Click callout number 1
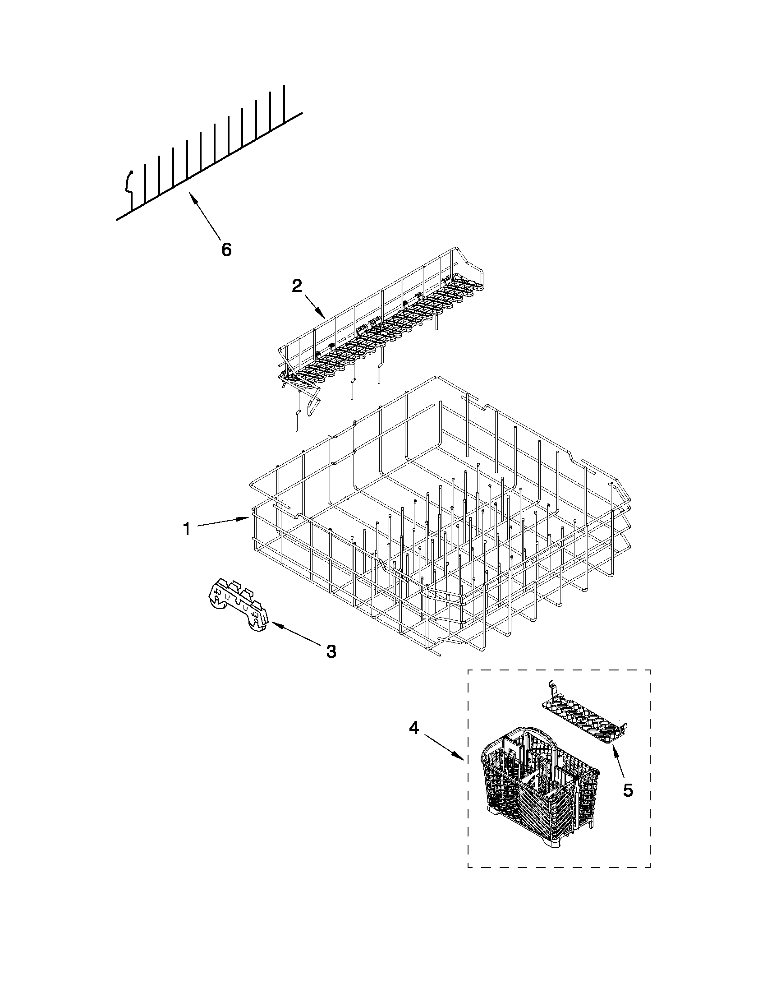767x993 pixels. pyautogui.click(x=186, y=529)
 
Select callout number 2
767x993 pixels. pyautogui.click(x=296, y=286)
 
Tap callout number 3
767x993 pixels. pyautogui.click(x=331, y=651)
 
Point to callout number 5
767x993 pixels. pyautogui.click(x=628, y=790)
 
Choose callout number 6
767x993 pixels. pyautogui.click(x=226, y=249)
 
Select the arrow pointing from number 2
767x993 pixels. pyautogui.click(x=315, y=306)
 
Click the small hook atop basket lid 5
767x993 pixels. pyautogui.click(x=551, y=685)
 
